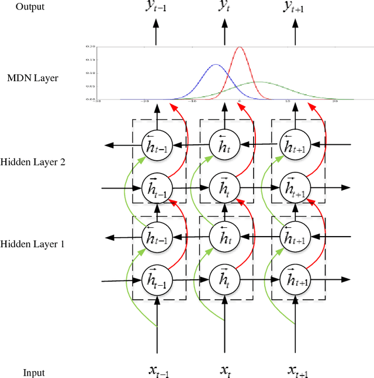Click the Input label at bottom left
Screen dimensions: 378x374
pos(34,372)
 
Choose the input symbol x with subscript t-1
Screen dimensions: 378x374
pos(157,370)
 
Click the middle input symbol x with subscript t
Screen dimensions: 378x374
pos(226,370)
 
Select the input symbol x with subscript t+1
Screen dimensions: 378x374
pos(297,370)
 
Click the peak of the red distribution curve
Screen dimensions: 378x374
pos(239,48)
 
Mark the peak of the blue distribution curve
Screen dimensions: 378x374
pos(216,65)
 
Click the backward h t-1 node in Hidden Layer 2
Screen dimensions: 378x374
pos(155,144)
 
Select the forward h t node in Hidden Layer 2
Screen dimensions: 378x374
pos(223,187)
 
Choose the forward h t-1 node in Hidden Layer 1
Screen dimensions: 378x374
pos(155,280)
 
